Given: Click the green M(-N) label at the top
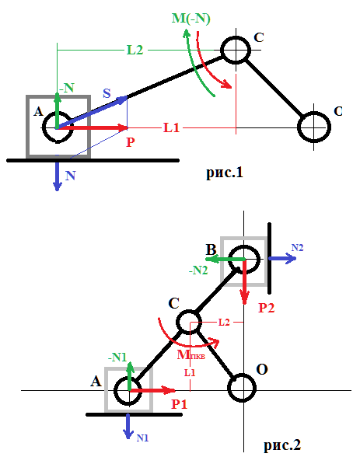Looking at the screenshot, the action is click(191, 19).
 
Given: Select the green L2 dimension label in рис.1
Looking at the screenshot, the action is click(135, 50).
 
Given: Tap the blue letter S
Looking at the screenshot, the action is click(107, 93).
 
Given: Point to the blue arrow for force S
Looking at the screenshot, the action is click(93, 113).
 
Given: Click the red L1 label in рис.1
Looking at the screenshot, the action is click(172, 128).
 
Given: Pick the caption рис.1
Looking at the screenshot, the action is click(225, 173).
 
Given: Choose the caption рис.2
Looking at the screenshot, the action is click(282, 445).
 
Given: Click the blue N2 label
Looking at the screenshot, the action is click(297, 247).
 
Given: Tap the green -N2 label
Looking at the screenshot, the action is click(198, 270).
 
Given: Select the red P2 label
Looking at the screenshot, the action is click(267, 308).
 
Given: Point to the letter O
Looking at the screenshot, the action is click(262, 369).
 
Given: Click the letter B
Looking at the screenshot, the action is click(211, 249).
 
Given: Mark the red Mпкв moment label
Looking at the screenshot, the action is click(190, 355).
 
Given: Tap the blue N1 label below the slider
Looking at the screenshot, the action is click(142, 438).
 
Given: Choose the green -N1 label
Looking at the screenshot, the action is click(117, 358).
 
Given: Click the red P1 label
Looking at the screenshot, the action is click(180, 404).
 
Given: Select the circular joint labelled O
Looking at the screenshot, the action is click(242, 388).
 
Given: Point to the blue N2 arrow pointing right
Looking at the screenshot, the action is click(282, 258).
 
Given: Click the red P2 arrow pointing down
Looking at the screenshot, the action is click(245, 282).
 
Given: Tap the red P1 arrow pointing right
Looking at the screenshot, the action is click(152, 390).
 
